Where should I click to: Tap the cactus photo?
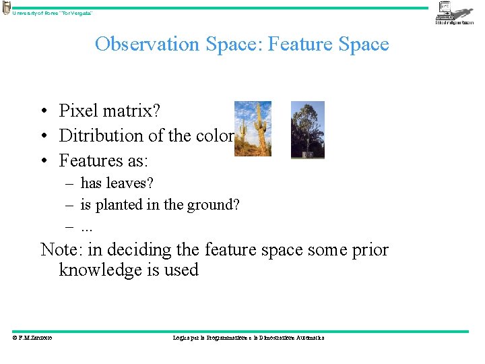point(253,129)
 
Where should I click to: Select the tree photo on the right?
point(307,129)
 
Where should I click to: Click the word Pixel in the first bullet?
point(76,111)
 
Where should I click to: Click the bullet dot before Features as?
point(42,161)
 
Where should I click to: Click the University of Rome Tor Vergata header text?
point(53,13)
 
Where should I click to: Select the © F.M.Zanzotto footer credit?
point(32,338)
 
